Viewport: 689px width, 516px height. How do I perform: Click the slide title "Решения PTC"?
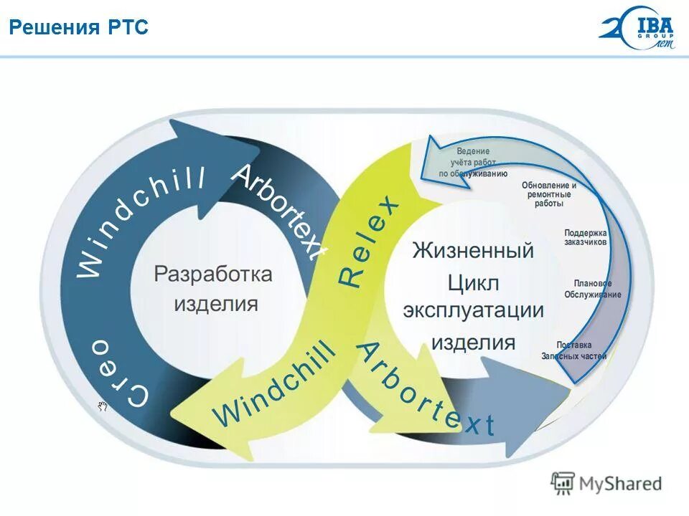tap(78, 27)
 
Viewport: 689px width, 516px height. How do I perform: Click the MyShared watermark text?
tap(620, 484)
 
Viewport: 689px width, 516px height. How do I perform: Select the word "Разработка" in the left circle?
tap(214, 274)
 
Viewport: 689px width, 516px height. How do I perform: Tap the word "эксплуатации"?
tap(473, 312)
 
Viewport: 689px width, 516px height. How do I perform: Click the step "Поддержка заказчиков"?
tap(586, 237)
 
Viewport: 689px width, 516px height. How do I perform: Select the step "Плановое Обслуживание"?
tap(593, 289)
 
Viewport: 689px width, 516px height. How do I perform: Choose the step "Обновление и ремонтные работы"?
tap(549, 194)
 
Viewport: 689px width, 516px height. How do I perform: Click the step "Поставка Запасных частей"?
tap(574, 350)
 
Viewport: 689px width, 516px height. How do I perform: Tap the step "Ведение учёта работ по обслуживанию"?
tap(473, 163)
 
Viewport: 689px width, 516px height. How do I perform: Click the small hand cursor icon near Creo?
tap(103, 406)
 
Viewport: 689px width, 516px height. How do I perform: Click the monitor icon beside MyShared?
tap(563, 483)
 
